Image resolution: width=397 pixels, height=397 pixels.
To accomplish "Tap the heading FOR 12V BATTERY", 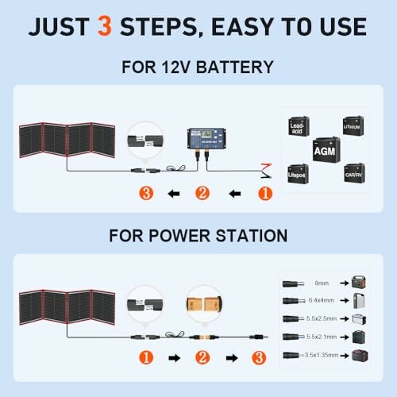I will point(198,67).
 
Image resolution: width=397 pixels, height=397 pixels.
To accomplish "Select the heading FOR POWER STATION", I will point(198,235).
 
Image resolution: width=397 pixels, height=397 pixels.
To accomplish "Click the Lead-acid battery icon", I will point(299,125).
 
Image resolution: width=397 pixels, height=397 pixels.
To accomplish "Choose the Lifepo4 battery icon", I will point(299,172).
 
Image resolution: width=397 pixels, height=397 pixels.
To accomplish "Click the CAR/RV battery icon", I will point(354,172).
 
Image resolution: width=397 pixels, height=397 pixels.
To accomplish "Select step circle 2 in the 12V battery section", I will point(202,191).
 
